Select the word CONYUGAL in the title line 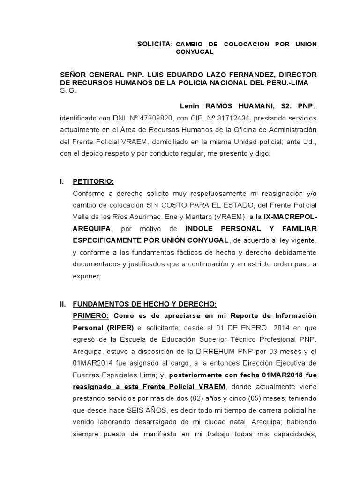point(195,52)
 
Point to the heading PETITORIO point(93,181)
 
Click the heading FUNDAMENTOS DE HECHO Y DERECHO point(144,304)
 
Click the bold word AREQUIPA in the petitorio point(91,228)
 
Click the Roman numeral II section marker point(63,304)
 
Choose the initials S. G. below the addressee point(68,91)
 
